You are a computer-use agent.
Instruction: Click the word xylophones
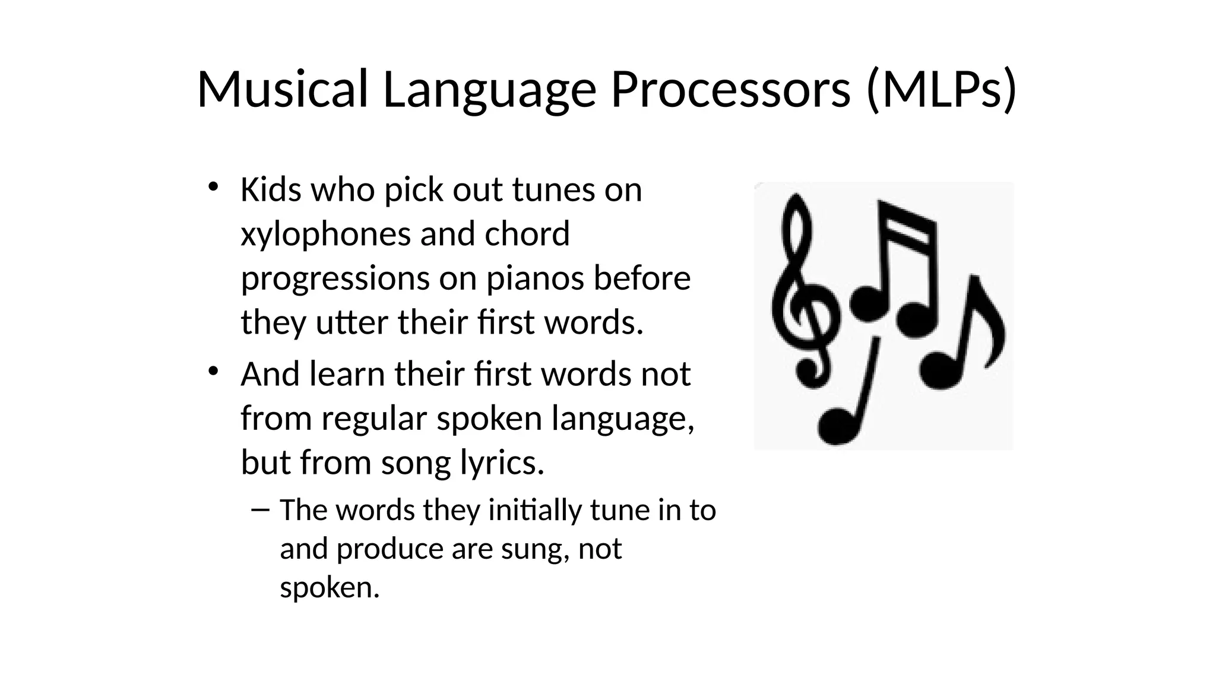(325, 234)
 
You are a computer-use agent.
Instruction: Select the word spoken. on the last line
(330, 587)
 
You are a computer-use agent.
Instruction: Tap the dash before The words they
(260, 509)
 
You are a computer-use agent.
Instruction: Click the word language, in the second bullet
(623, 418)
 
